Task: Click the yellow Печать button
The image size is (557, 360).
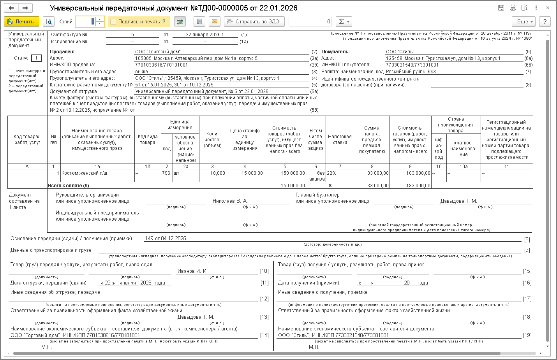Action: [21, 21]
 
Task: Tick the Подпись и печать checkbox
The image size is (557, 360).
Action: [113, 22]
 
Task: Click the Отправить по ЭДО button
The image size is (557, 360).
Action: [254, 21]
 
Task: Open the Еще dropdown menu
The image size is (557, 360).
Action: [524, 21]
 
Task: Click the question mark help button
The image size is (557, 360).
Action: [545, 21]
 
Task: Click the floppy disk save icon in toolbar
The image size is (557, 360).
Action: [199, 21]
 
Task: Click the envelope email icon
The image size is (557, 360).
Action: [215, 21]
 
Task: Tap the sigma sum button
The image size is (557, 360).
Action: [344, 21]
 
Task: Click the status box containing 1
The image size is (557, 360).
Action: [36, 58]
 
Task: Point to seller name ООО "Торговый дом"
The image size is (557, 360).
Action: [158, 52]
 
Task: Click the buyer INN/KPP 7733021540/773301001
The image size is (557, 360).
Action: [412, 65]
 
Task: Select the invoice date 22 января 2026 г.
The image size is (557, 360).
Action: [205, 35]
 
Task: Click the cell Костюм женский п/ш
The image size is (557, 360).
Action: [84, 173]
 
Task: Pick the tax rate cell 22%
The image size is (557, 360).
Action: [332, 173]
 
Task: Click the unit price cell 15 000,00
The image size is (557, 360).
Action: [252, 173]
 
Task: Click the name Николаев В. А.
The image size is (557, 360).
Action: [230, 201]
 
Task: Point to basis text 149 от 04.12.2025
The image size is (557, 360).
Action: [166, 239]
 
